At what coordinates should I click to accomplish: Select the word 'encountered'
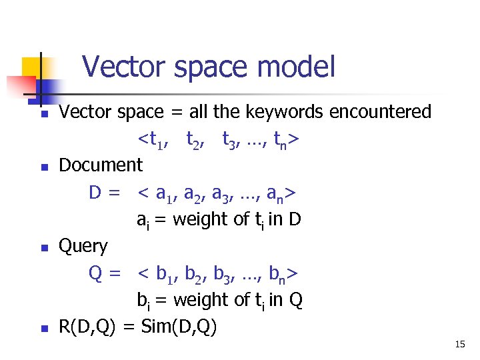380,112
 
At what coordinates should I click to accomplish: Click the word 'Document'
101,165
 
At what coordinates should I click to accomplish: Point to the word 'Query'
83,246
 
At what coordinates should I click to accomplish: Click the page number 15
460,344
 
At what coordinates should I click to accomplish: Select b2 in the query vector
193,275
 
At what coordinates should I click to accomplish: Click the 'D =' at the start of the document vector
105,193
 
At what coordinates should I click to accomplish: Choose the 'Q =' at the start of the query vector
105,273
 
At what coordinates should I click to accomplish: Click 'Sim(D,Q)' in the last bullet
179,327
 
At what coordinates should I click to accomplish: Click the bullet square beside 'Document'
43,167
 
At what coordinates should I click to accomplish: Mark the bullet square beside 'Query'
43,248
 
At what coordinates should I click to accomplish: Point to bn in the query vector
281,275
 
